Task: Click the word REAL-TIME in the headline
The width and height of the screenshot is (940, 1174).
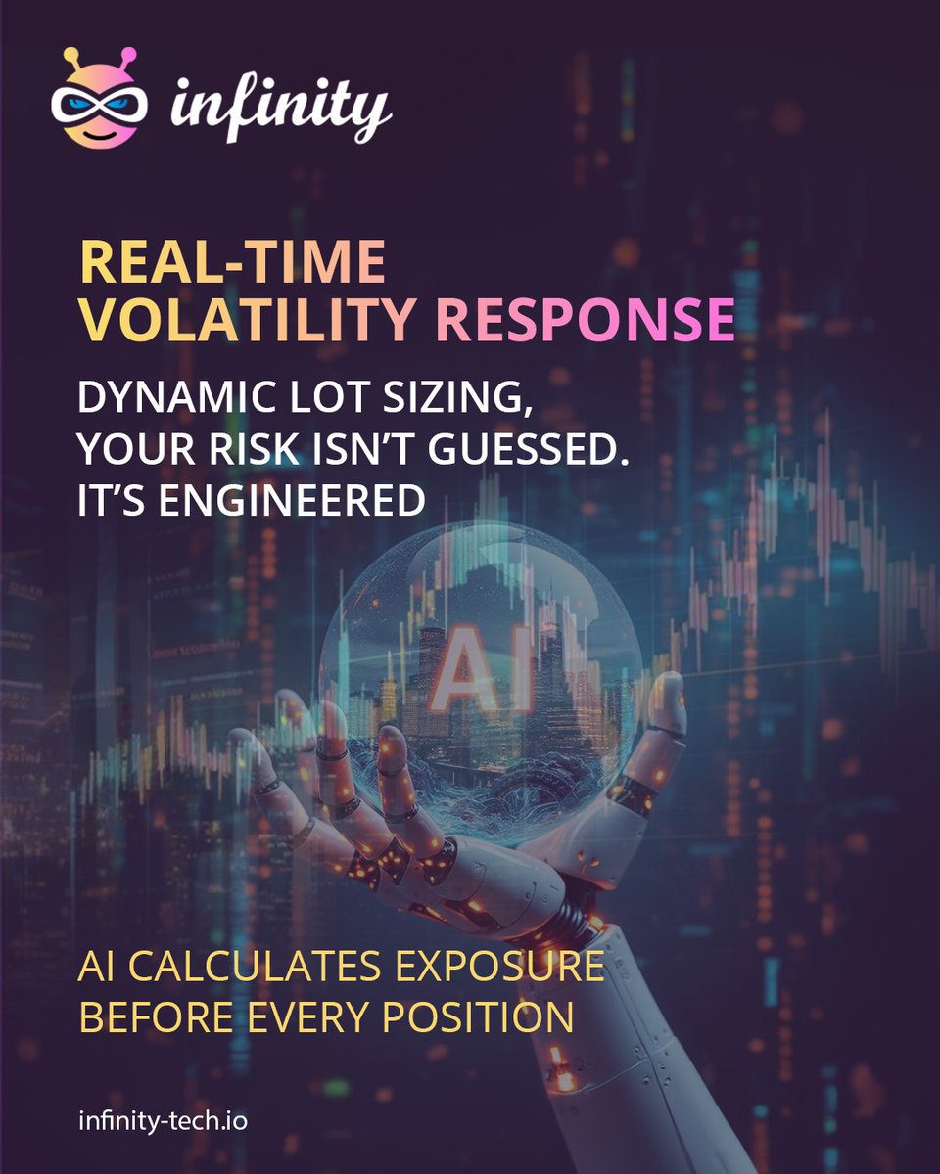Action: coord(232,265)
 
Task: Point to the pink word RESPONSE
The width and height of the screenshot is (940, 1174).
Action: coord(585,320)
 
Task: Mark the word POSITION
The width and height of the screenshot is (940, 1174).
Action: coord(478,1018)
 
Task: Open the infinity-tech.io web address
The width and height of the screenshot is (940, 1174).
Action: coord(163,1119)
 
